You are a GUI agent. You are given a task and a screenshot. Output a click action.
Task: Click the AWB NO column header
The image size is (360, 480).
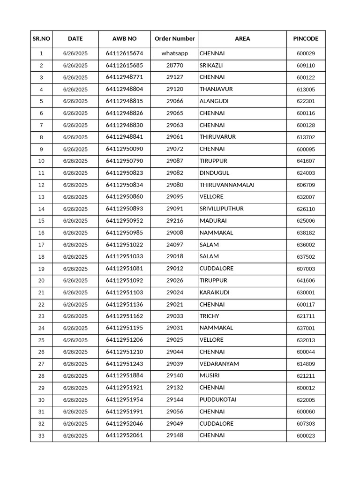[x=124, y=39]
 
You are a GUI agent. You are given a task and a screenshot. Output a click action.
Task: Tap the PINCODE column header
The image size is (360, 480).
[x=306, y=39]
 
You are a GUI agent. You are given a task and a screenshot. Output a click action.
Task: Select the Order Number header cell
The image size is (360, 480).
[x=174, y=39]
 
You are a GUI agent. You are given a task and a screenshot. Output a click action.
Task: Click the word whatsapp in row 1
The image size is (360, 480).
[x=174, y=53]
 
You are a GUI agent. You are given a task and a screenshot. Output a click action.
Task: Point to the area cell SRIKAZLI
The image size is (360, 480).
[x=211, y=66]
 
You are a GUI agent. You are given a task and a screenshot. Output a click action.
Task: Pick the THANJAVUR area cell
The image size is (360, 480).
[x=216, y=89]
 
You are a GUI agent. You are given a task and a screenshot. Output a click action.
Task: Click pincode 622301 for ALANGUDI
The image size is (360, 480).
[x=306, y=101]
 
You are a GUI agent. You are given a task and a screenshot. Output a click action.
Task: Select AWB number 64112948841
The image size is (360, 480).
[x=124, y=137]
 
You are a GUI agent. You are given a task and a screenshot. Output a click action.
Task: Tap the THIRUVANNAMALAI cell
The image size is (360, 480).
[x=227, y=185]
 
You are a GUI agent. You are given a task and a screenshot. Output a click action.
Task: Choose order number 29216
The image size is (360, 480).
[x=174, y=221]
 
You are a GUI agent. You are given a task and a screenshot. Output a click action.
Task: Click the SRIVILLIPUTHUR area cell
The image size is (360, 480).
[x=221, y=209]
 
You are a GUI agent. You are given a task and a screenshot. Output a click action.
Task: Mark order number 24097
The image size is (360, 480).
[x=174, y=245]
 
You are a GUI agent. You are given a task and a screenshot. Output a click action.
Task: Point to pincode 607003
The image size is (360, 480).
[x=306, y=269]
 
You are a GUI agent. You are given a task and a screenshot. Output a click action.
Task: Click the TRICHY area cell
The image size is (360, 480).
[x=209, y=316]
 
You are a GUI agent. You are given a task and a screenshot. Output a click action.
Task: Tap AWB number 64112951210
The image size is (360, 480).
[x=124, y=352]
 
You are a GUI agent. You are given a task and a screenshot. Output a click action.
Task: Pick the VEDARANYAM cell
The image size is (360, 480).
[x=219, y=364]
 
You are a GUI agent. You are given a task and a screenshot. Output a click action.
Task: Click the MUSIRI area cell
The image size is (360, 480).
[x=209, y=376]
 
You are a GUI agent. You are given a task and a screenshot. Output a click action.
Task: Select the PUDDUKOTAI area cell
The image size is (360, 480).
[x=218, y=400]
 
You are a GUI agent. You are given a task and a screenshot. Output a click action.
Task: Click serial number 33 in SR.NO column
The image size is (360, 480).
[x=41, y=436]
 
